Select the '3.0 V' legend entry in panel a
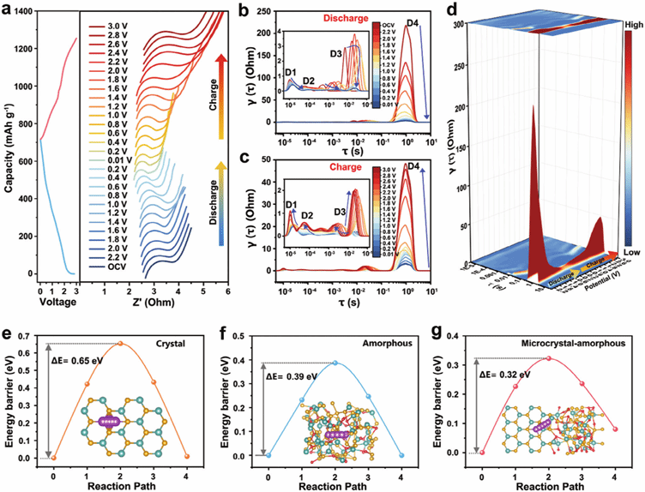(x=107, y=29)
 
